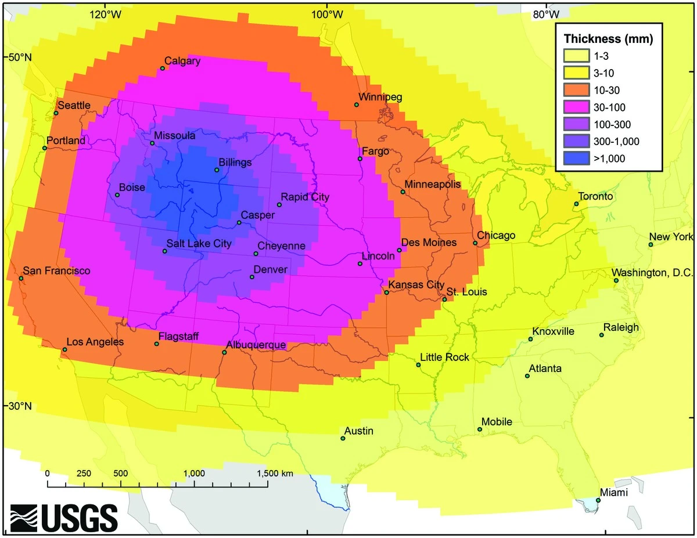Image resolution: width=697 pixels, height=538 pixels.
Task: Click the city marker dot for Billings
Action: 217,170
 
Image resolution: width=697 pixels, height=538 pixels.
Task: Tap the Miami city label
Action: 613,492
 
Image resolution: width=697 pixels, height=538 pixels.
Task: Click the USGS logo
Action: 64,515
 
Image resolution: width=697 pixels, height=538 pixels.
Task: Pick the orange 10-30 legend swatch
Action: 574,90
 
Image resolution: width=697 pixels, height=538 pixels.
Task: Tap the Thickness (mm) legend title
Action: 609,39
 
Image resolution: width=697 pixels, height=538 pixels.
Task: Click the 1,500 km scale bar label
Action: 271,473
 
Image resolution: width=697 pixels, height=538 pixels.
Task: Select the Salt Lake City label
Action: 199,244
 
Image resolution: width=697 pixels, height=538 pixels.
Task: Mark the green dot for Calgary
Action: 163,68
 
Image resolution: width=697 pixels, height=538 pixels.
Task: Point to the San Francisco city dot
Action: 21,279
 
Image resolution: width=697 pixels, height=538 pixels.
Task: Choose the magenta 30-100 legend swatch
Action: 574,107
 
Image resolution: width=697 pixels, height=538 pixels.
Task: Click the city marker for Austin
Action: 343,438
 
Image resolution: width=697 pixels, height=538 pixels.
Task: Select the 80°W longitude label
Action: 546,14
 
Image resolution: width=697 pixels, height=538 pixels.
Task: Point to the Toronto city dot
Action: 576,204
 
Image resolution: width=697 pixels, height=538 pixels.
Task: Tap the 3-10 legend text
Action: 603,73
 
